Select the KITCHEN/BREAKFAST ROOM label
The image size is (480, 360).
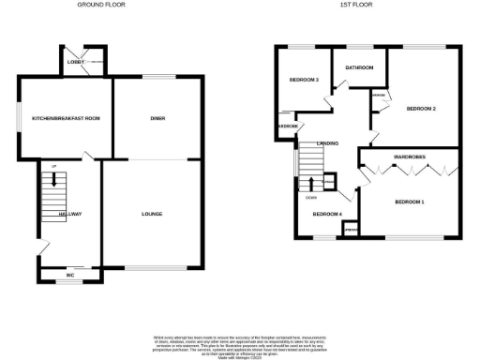point(66,118)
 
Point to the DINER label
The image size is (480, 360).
point(157,118)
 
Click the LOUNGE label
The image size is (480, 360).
point(153,214)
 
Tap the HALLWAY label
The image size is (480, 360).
point(70,214)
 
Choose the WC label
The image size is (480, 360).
point(69,274)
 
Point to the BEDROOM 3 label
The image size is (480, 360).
point(306,80)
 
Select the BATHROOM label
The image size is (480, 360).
point(360,67)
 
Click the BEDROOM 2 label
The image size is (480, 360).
point(421,109)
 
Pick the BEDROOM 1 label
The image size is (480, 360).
point(410,202)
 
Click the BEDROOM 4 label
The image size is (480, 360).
point(325,214)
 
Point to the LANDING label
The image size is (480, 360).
point(327,142)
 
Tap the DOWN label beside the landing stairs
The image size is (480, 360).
point(310,196)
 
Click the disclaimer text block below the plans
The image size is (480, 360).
point(240,343)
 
